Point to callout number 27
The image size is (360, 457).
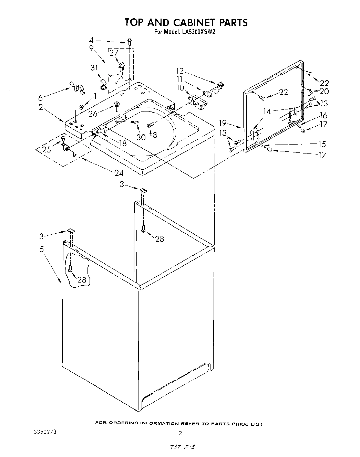click(114, 53)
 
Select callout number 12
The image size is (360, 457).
click(180, 71)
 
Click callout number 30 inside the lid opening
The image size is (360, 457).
click(141, 137)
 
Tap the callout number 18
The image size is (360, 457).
click(123, 144)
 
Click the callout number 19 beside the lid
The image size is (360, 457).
click(223, 123)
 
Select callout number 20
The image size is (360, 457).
click(324, 91)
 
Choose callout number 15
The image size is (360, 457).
click(322, 144)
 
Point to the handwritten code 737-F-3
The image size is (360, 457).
click(180, 446)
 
